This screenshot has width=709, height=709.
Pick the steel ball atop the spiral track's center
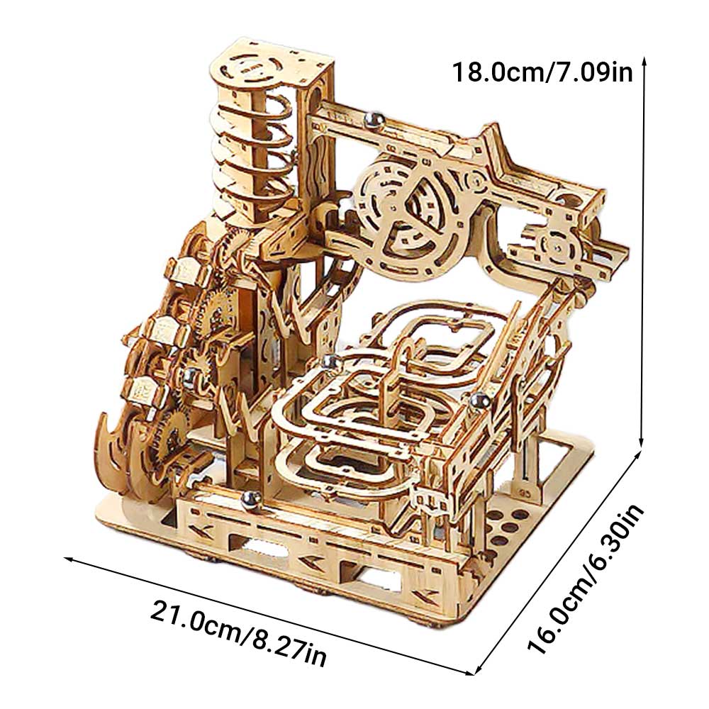click(x=328, y=362)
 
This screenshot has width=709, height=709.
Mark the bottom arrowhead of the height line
click(x=643, y=442)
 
